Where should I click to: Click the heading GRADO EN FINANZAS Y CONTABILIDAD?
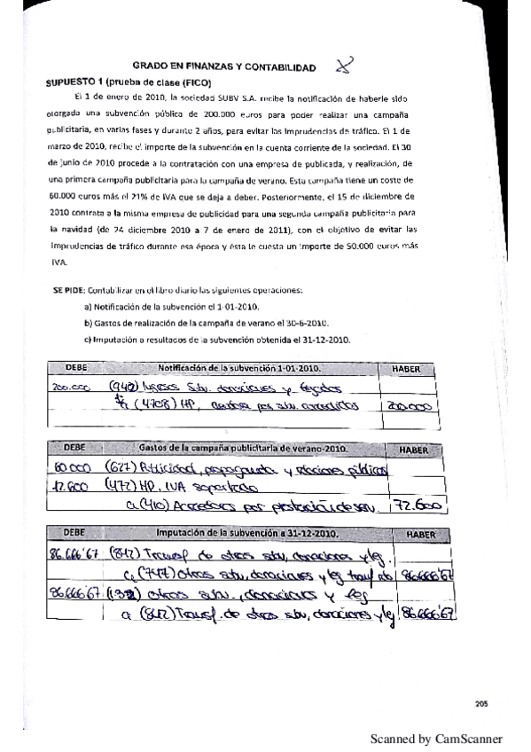pyautogui.click(x=223, y=67)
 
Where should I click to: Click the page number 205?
pyautogui.click(x=481, y=704)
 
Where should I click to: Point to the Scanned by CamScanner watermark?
pyautogui.click(x=435, y=739)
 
